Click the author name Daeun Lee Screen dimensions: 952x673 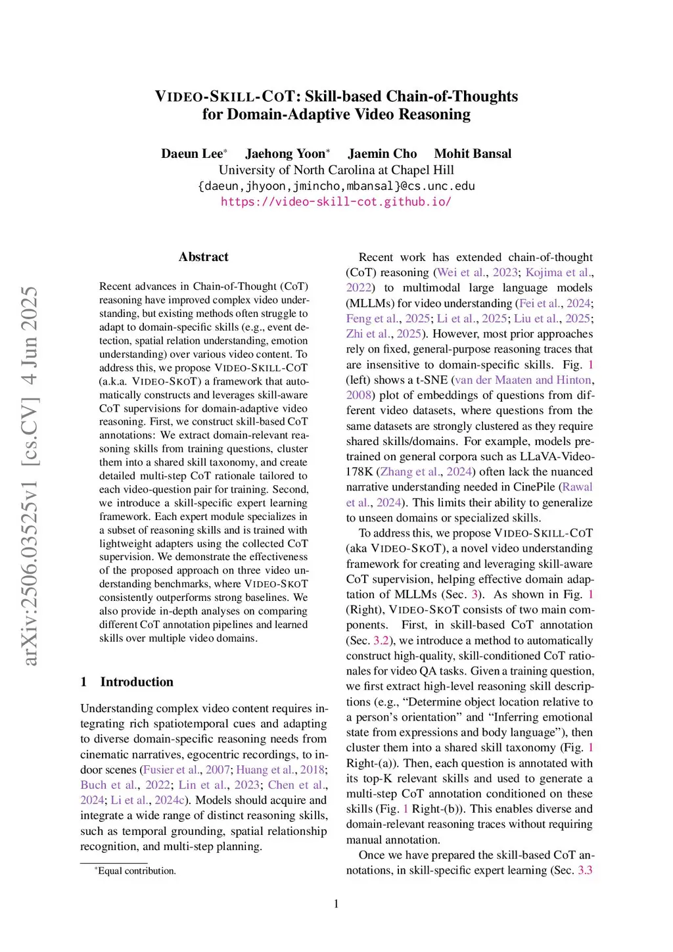click(192, 154)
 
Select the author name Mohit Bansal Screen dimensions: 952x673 click(473, 154)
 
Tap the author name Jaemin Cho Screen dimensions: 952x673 click(382, 154)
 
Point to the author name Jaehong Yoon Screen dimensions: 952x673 click(285, 154)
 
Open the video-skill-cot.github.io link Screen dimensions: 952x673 click(336, 202)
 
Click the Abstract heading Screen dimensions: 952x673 click(204, 257)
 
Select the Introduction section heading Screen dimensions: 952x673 click(137, 682)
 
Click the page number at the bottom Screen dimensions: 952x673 click(336, 904)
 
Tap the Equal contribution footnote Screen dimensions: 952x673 click(137, 871)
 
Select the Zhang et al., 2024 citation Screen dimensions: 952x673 click(426, 472)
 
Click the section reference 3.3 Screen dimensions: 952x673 click(585, 870)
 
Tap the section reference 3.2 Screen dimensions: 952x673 click(381, 641)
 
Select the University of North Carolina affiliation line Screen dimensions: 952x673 click(336, 170)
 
